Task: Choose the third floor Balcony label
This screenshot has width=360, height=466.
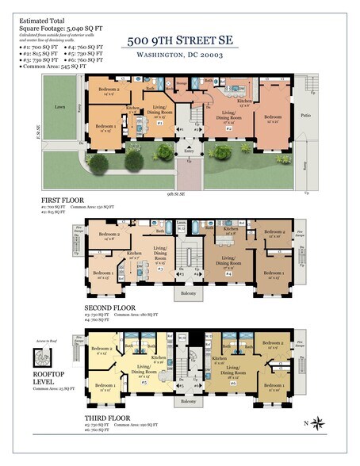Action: click(x=188, y=402)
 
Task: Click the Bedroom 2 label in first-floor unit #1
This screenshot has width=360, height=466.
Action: click(x=110, y=90)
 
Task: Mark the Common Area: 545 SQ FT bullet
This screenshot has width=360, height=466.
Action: click(x=52, y=68)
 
